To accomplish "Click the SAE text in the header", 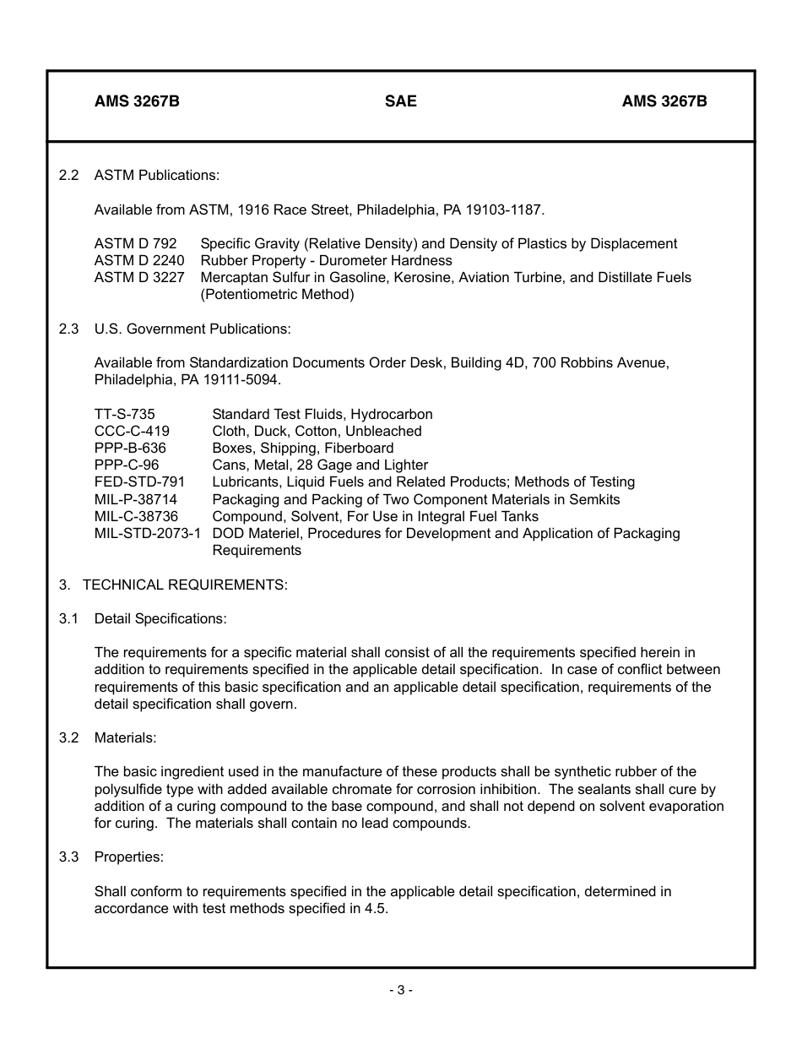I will click(x=401, y=101).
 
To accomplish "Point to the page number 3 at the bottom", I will click(x=400, y=990).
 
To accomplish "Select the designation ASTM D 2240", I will click(x=139, y=260).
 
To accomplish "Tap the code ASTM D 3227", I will click(x=139, y=277).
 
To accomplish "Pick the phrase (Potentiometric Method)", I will click(x=277, y=295).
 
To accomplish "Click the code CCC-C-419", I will click(x=132, y=431).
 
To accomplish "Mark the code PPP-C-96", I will click(x=127, y=465).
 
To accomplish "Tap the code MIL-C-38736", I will click(x=136, y=516).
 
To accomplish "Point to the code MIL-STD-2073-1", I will click(x=148, y=533).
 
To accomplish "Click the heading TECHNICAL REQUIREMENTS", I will click(x=185, y=585).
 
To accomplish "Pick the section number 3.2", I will click(x=68, y=737).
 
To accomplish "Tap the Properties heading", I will click(x=128, y=857).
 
